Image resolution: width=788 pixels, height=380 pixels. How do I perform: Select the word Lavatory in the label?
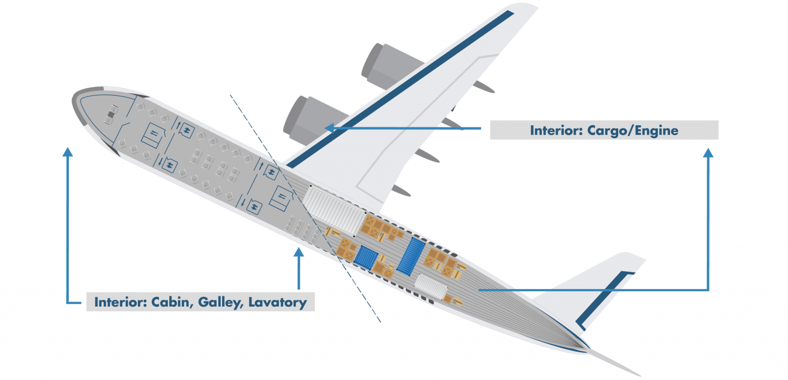click(278, 302)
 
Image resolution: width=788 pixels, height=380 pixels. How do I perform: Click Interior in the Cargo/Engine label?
click(554, 130)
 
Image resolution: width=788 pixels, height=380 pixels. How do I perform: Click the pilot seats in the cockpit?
click(111, 115)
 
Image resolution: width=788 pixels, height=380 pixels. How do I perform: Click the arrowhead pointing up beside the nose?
click(67, 152)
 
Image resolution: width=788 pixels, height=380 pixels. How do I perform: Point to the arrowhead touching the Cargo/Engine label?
click(708, 153)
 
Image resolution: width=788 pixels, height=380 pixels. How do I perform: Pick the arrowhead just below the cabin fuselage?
click(298, 252)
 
